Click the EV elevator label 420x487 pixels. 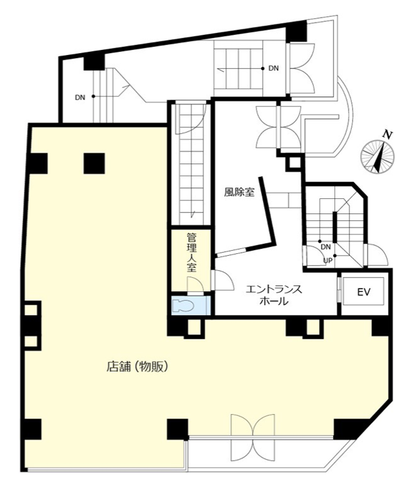tap(363, 292)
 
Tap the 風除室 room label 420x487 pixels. tap(239, 193)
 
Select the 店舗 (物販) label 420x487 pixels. tap(138, 367)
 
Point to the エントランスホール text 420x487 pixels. tap(274, 295)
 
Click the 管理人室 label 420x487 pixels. tap(191, 253)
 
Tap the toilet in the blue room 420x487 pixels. tap(183, 305)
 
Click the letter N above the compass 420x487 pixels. tap(387, 135)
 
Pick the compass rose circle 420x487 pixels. tap(377, 157)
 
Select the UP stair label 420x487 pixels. tap(328, 261)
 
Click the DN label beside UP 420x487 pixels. tap(325, 247)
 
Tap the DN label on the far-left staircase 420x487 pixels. tap(80, 98)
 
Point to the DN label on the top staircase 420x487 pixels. tap(273, 68)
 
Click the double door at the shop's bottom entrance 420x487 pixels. tap(253, 435)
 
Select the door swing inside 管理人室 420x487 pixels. tap(195, 286)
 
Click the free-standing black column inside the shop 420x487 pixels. tap(94, 164)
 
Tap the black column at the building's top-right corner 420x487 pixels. tap(296, 31)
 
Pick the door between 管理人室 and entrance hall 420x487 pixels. tap(222, 280)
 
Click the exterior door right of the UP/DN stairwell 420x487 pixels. tap(377, 255)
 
